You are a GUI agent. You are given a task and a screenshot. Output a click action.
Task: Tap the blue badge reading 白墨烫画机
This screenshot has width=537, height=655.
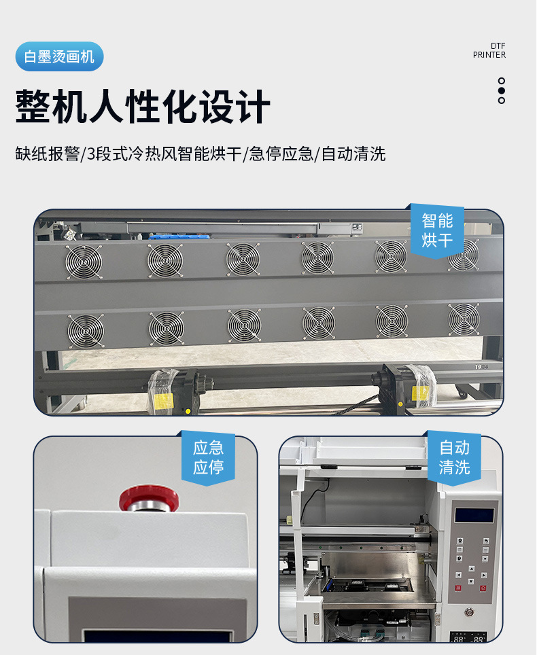pyautogui.click(x=59, y=56)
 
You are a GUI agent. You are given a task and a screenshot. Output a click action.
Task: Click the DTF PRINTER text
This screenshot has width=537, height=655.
pyautogui.click(x=489, y=50)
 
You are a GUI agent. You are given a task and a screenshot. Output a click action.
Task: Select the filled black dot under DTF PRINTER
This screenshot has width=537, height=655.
pyautogui.click(x=502, y=90)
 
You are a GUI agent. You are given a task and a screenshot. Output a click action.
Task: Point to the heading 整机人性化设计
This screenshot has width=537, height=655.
pyautogui.click(x=143, y=107)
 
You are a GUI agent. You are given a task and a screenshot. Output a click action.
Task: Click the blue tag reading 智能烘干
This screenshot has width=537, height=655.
pyautogui.click(x=437, y=230)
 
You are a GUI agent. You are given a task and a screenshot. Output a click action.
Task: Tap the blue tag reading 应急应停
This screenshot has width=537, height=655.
pyautogui.click(x=208, y=457)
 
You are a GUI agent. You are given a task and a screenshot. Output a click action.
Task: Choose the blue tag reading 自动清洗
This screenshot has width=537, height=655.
pyautogui.click(x=454, y=457)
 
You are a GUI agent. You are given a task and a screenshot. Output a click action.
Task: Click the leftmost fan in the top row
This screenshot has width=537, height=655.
pyautogui.click(x=83, y=262)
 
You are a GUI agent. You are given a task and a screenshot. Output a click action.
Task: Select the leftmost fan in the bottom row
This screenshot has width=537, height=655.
pyautogui.click(x=85, y=330)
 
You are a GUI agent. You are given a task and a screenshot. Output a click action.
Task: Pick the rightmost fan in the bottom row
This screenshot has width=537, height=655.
pyautogui.click(x=464, y=319)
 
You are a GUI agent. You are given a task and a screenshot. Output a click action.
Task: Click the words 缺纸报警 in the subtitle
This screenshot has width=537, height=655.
pyautogui.click(x=47, y=154)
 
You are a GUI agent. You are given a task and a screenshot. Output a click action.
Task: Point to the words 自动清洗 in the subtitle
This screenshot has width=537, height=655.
pyautogui.click(x=353, y=154)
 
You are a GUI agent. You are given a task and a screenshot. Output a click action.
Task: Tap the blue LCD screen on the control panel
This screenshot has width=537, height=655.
pyautogui.click(x=474, y=514)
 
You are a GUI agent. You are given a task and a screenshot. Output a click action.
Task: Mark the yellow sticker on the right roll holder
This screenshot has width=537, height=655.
pyautogui.click(x=420, y=392)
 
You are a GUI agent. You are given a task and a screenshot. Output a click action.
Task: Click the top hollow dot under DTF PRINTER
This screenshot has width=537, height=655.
pyautogui.click(x=502, y=81)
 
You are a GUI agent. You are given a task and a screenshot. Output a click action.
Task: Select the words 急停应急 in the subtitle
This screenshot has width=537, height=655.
pyautogui.click(x=281, y=154)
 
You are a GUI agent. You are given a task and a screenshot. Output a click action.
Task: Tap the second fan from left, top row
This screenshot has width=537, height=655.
pyautogui.click(x=165, y=260)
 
